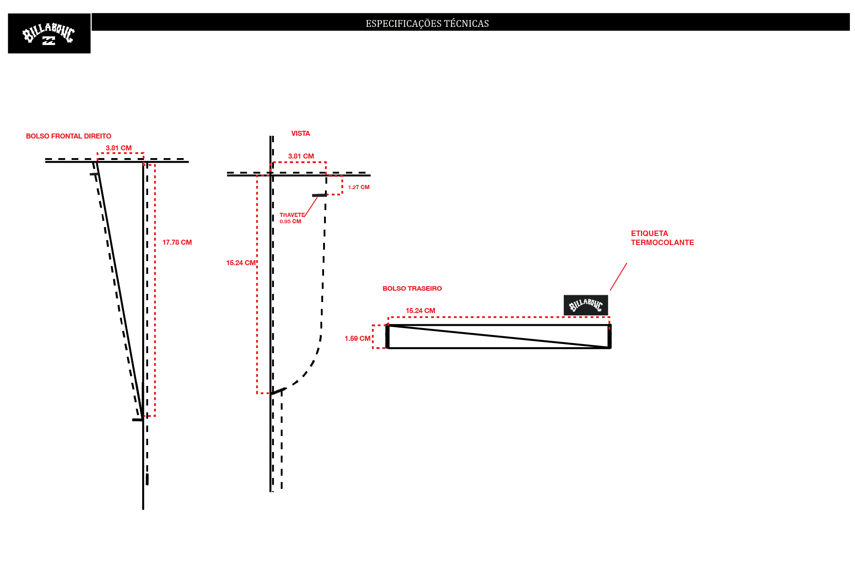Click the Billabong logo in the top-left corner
coord(49,33)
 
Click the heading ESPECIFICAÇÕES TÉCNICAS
coord(427,24)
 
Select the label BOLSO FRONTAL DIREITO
coord(68,136)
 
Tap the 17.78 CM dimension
coord(177,242)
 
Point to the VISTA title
coord(300,134)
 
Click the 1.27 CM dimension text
coord(359,187)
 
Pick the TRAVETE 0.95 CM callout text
coord(292,218)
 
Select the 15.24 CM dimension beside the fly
coord(241,263)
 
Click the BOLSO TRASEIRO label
coord(412,288)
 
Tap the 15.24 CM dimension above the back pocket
coord(420,311)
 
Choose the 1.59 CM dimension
coord(357,339)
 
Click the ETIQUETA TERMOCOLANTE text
coord(662,238)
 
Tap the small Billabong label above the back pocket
coord(586,305)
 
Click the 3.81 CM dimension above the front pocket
coord(118,148)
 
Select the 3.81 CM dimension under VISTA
coord(301,156)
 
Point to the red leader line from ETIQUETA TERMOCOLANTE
coord(618,277)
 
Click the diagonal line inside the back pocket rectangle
coord(499,337)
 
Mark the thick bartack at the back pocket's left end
coord(387,337)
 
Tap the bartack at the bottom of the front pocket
coord(138,420)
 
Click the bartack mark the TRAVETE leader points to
coord(319,195)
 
